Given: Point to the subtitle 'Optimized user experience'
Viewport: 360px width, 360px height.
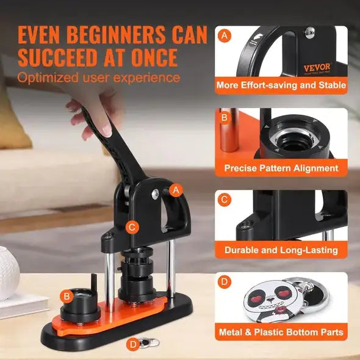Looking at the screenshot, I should point(98,77).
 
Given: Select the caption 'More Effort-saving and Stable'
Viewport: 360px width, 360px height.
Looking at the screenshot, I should point(281,85).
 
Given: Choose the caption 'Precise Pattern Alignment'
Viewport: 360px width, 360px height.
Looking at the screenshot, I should point(281,167).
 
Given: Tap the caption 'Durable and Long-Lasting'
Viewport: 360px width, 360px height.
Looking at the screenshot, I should point(281,250).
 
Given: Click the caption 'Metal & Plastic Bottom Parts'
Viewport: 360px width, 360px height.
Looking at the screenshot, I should point(281,333).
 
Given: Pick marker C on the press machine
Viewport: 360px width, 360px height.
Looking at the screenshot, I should point(131,228).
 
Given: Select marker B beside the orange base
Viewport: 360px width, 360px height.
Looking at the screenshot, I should point(66,296).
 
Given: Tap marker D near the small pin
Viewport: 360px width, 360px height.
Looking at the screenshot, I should point(133,344).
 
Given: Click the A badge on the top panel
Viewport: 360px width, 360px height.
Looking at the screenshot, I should point(225,36).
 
